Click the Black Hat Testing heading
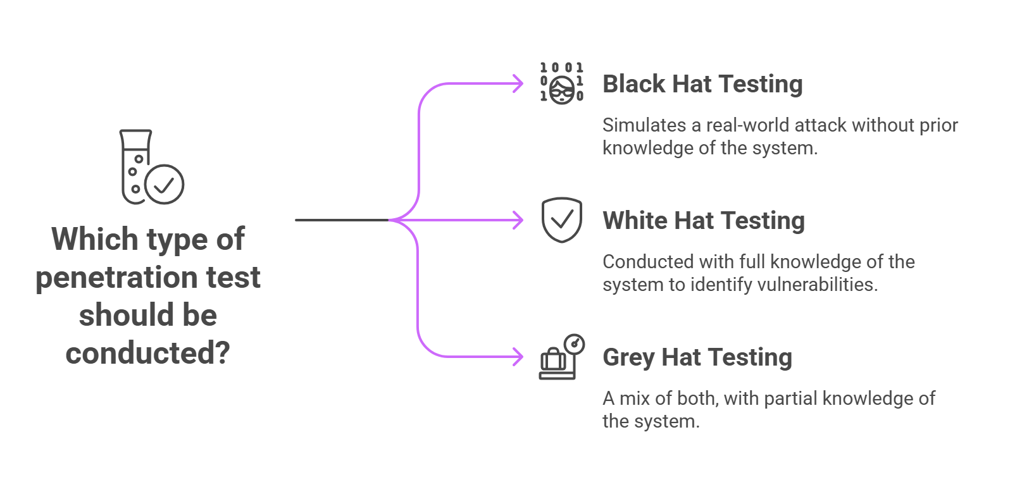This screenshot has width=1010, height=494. click(702, 84)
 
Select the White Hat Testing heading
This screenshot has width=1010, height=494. click(704, 221)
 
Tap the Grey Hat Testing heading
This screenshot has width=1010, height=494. click(697, 357)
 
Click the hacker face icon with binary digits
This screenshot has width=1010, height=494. click(561, 83)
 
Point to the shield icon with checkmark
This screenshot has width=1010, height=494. click(561, 220)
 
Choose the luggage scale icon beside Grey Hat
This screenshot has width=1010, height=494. click(561, 357)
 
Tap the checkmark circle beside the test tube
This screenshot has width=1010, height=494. click(165, 185)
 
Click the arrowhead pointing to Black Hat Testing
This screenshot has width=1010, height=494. click(519, 83)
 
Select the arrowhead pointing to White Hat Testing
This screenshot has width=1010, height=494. click(519, 220)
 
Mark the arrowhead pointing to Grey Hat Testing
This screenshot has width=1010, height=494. click(519, 357)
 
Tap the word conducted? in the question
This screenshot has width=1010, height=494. click(147, 353)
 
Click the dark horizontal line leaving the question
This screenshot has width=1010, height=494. click(342, 220)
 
